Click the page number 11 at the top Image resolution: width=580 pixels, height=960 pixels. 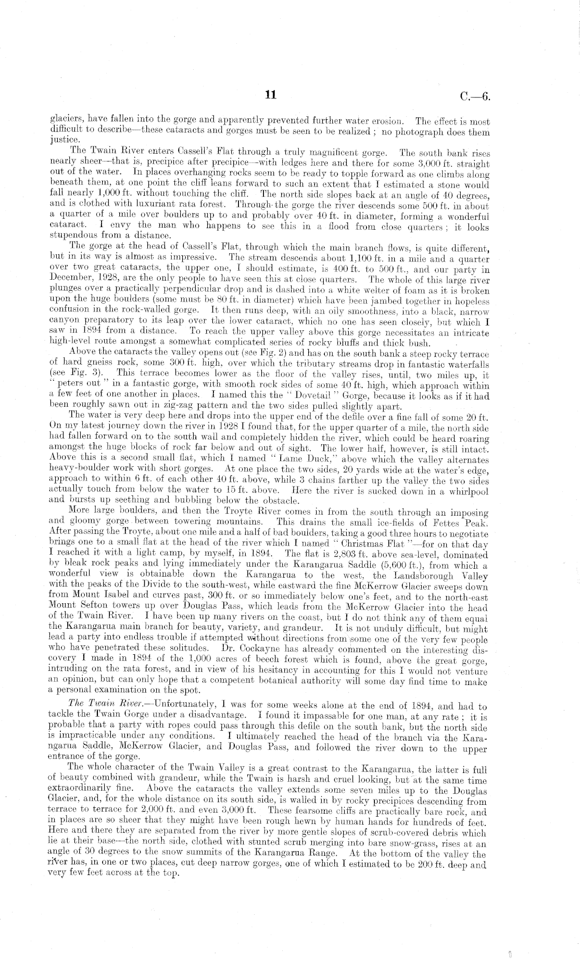[270, 95]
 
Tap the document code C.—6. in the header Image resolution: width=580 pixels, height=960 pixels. [475, 96]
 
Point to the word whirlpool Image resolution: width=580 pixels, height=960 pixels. [462, 491]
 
